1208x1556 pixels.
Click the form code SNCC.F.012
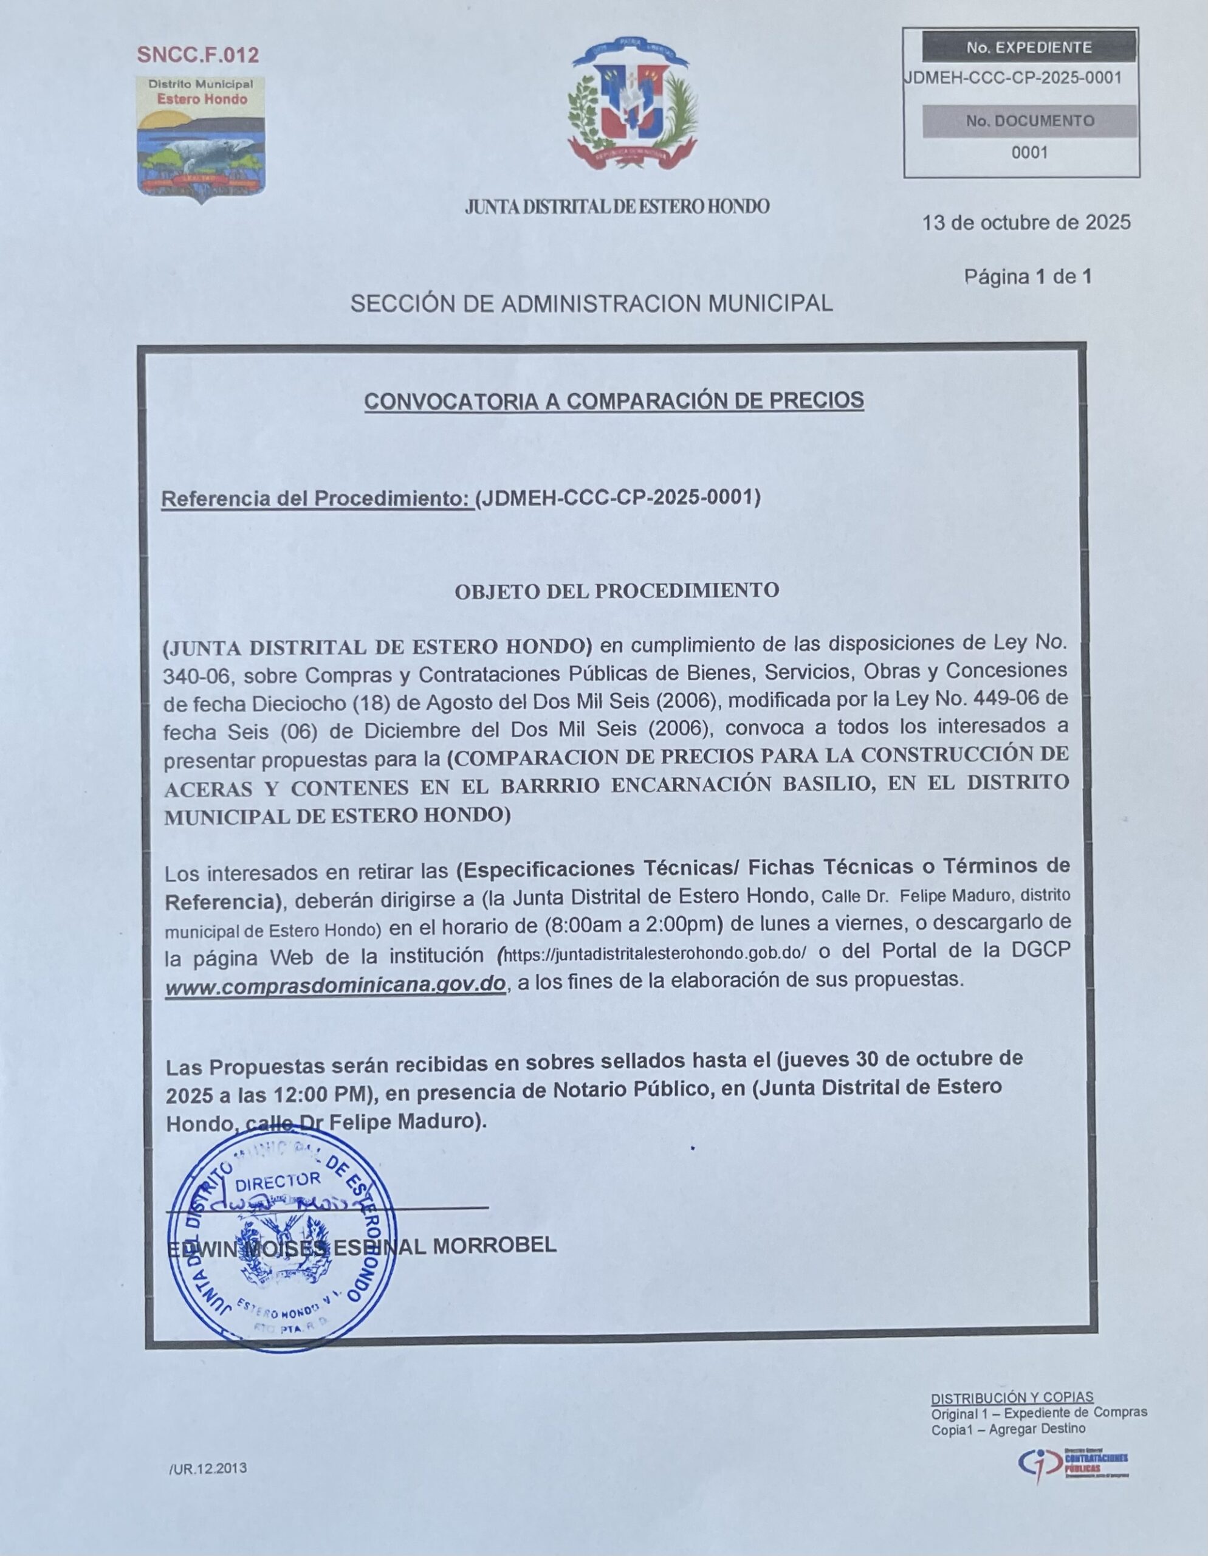[x=197, y=55]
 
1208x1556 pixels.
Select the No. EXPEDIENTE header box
[x=1029, y=48]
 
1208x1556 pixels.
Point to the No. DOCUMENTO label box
[x=1029, y=121]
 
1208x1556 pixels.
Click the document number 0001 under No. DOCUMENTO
[x=1029, y=153]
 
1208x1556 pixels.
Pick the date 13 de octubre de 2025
[x=1026, y=223]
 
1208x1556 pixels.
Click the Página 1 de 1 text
[x=1027, y=277]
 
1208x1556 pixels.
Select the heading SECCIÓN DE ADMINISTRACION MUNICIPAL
[x=591, y=305]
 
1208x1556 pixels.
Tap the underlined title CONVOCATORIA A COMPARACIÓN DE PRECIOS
[x=614, y=401]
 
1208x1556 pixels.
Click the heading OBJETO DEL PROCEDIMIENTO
[x=617, y=591]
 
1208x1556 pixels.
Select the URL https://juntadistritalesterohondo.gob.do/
[x=654, y=954]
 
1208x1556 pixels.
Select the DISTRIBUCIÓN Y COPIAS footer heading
[x=1011, y=1397]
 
